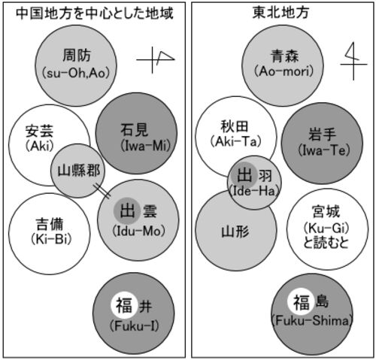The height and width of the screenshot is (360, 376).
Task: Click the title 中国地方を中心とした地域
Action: [95, 14]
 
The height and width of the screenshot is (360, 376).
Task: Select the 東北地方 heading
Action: [280, 13]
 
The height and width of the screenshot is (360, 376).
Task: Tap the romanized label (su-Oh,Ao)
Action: [76, 73]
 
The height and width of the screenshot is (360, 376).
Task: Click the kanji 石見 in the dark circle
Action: [135, 129]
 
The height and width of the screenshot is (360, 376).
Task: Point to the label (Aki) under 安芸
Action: [40, 146]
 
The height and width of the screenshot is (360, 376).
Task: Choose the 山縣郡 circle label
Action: [79, 171]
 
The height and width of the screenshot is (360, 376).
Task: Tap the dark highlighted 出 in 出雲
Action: [127, 211]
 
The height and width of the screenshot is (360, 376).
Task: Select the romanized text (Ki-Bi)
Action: [51, 239]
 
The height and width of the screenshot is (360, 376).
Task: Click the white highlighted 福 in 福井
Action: [124, 305]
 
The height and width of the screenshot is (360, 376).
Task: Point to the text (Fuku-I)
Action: [134, 325]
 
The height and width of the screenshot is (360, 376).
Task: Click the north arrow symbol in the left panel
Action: [156, 60]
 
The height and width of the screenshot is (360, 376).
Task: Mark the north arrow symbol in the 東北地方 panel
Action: [353, 61]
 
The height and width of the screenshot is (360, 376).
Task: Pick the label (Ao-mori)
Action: [284, 71]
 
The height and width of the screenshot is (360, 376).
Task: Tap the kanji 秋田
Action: [235, 126]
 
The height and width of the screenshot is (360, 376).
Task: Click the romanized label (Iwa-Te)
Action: [324, 150]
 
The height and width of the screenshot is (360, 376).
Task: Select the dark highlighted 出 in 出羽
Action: [244, 175]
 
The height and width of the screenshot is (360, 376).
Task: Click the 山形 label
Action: [235, 231]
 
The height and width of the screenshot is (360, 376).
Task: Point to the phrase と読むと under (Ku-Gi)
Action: [326, 243]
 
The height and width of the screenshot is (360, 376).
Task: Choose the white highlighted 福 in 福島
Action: [302, 302]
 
